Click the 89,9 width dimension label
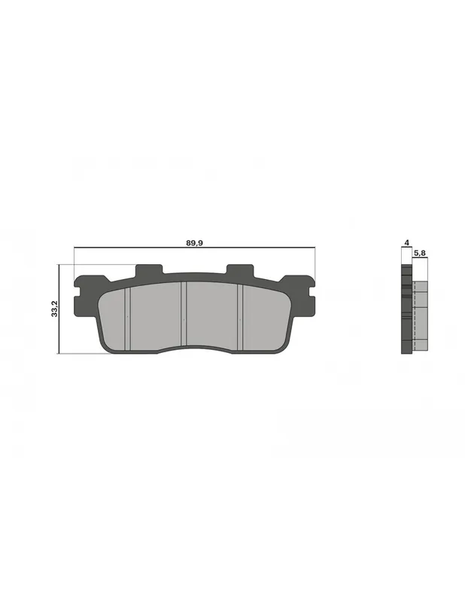(x=194, y=243)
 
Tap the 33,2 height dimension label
(x=54, y=309)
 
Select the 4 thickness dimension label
(x=406, y=242)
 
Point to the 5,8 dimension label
(x=419, y=253)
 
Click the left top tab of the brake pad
(x=150, y=269)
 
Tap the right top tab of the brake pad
(x=240, y=269)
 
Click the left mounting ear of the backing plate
(x=87, y=295)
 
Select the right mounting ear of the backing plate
(x=302, y=295)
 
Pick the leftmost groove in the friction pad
(x=128, y=318)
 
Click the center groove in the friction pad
(x=184, y=313)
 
